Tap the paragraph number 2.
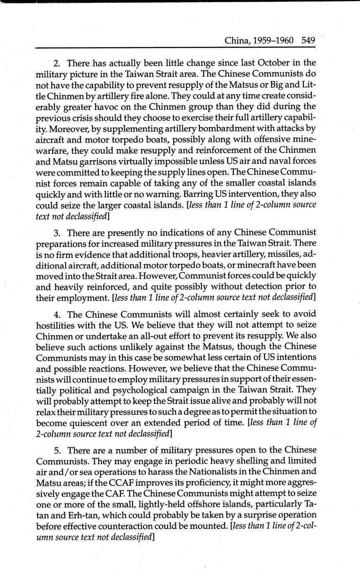(57, 64)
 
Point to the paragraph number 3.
(57, 232)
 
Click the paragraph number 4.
(57, 314)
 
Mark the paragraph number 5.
(57, 450)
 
